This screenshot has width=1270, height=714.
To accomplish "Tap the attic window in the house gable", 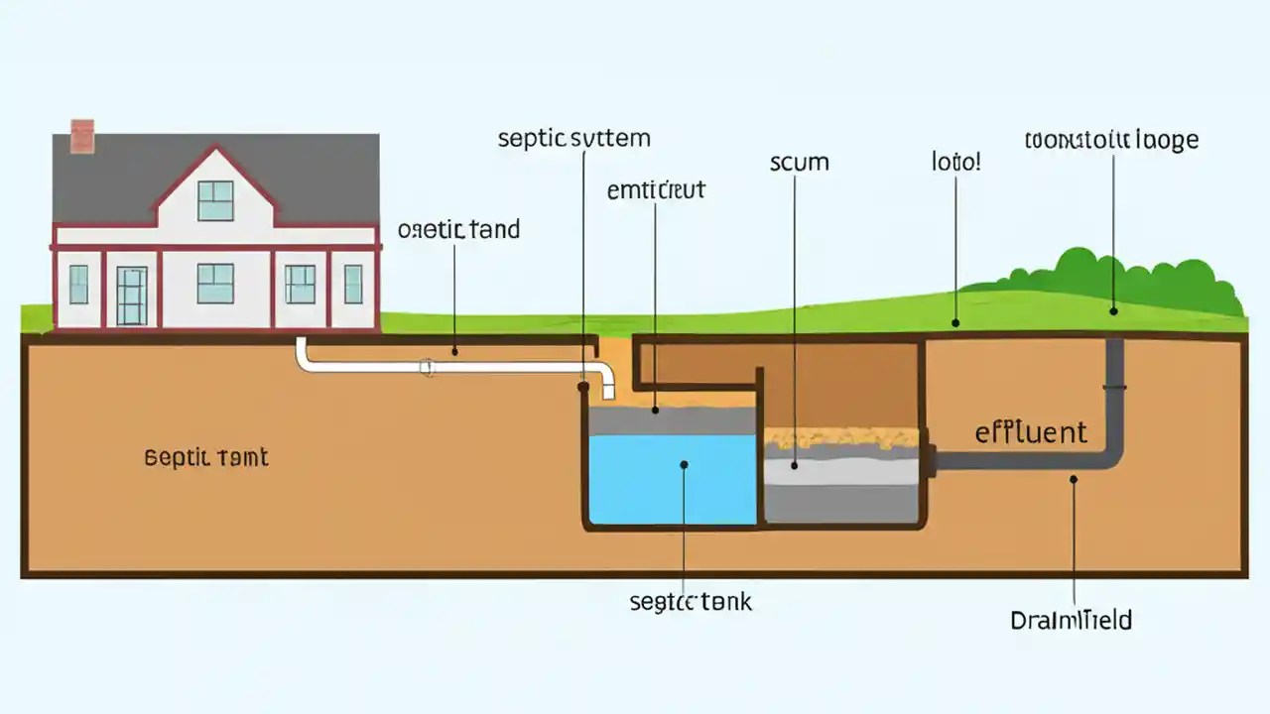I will tap(215, 200).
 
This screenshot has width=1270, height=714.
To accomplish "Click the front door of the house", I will tap(131, 295).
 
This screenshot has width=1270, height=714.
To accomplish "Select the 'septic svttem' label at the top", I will tap(573, 138).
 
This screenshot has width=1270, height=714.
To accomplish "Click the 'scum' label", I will tap(799, 162).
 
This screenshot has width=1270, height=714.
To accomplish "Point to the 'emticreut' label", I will tap(655, 189).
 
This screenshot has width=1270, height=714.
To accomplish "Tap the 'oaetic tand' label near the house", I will tap(458, 230).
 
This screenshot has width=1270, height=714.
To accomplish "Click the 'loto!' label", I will tap(955, 161).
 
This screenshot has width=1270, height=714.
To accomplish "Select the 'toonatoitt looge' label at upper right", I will tap(1111, 140).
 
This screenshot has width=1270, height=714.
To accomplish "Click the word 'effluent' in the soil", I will tap(1031, 432).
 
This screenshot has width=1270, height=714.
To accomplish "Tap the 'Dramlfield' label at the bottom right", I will tap(1071, 621).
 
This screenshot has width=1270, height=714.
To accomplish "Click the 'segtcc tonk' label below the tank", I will tap(691, 601).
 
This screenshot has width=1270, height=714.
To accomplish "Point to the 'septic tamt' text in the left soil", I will tap(206, 458).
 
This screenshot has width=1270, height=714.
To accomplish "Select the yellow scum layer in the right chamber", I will tap(841, 437).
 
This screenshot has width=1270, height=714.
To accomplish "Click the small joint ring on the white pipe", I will tap(428, 368).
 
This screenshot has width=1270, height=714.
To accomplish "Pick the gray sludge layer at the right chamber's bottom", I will tap(841, 502).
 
